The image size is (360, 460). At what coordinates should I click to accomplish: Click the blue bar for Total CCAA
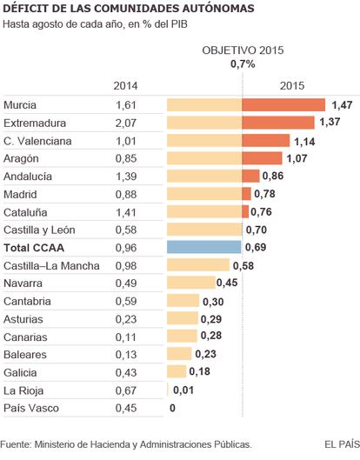click(204, 247)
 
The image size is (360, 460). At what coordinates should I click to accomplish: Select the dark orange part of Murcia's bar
click(283, 104)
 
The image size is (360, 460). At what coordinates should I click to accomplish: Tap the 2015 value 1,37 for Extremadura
click(330, 122)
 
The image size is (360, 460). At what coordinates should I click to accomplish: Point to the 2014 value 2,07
click(126, 123)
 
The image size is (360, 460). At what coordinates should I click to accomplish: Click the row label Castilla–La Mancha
click(51, 266)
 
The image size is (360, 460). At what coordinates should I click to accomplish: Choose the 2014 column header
click(125, 86)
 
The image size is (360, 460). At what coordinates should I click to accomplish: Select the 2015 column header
click(292, 86)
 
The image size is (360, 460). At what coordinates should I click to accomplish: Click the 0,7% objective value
click(243, 64)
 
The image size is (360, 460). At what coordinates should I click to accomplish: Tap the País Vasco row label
click(31, 408)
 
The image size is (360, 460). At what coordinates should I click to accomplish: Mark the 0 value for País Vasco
click(172, 408)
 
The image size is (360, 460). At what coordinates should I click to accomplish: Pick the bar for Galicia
click(177, 371)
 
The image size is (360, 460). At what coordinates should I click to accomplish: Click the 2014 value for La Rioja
click(126, 390)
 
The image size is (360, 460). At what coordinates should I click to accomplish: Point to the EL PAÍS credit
click(342, 444)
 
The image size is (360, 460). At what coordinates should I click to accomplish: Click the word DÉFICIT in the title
click(24, 9)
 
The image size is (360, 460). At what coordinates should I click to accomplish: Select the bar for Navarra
click(191, 283)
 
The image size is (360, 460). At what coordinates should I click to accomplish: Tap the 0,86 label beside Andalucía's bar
click(273, 176)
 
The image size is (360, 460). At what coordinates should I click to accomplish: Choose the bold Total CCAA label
click(34, 248)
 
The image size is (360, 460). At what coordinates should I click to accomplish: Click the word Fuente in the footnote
click(16, 444)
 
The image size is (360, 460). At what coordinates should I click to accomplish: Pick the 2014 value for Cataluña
click(126, 212)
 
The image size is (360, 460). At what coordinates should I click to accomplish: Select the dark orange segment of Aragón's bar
click(263, 158)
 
